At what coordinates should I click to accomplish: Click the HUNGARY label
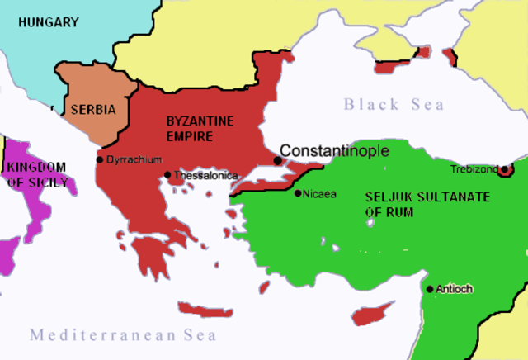coord(48,22)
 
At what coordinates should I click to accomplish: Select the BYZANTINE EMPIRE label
coord(200,128)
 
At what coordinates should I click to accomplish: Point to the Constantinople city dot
coord(278,160)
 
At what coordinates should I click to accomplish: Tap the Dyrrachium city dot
coord(100,159)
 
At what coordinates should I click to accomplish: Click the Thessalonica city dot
coord(167,175)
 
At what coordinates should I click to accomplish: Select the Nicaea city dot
coord(298,193)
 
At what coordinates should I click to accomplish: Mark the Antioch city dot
coord(429,289)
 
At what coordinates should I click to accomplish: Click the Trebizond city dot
coord(504,170)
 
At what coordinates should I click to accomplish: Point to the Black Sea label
coord(394,105)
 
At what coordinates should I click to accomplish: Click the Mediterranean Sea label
coord(123,335)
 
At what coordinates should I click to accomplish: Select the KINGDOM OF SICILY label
coord(38,174)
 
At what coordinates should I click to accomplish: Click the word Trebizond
coord(474,169)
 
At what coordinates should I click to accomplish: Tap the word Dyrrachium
coord(134,159)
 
